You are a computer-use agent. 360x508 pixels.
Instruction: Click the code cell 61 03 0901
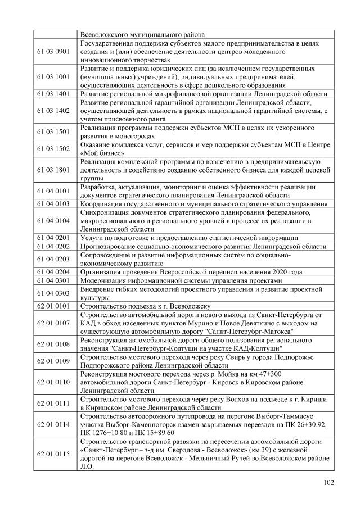pyautogui.click(x=53, y=51)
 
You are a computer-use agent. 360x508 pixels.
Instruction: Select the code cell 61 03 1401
pyautogui.click(x=53, y=94)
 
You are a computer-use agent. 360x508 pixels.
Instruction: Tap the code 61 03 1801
pyautogui.click(x=53, y=169)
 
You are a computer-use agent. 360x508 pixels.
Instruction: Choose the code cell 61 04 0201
pyautogui.click(x=53, y=238)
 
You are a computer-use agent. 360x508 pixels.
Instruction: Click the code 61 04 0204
pyautogui.click(x=53, y=272)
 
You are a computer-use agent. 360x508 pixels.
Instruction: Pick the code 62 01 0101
pyautogui.click(x=53, y=306)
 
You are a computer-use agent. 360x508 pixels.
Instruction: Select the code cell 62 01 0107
pyautogui.click(x=53, y=323)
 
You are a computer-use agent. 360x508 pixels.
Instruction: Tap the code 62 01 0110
pyautogui.click(x=53, y=382)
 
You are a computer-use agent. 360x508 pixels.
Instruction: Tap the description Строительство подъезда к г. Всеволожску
pyautogui.click(x=145, y=306)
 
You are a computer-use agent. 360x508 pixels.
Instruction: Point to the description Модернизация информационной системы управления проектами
pyautogui.click(x=180, y=280)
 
